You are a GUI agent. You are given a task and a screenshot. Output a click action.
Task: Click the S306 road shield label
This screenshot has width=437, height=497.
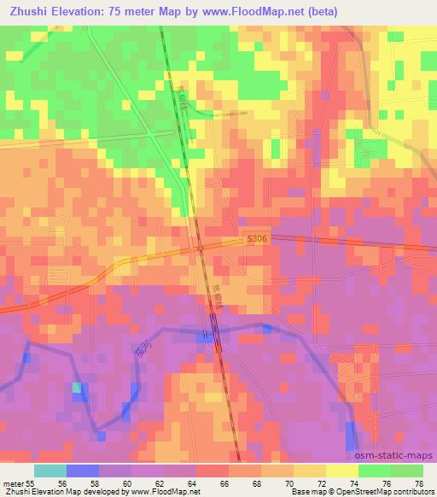pos(255,241)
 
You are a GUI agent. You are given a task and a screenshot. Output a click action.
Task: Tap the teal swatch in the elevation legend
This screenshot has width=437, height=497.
pos(50,471)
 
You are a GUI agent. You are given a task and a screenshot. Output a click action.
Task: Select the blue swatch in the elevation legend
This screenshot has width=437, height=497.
pos(83,471)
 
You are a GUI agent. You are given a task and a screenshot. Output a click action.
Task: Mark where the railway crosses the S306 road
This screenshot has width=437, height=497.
pos(200,247)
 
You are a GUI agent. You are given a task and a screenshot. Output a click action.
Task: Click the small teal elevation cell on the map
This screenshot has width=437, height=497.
pos(78,389)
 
